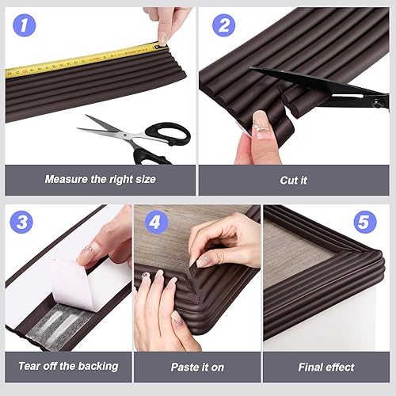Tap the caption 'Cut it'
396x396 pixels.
[293, 180]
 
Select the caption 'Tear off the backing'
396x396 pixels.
[68, 367]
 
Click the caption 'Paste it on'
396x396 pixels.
[196, 367]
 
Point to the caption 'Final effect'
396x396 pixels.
[326, 367]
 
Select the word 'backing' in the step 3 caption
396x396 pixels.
[97, 367]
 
